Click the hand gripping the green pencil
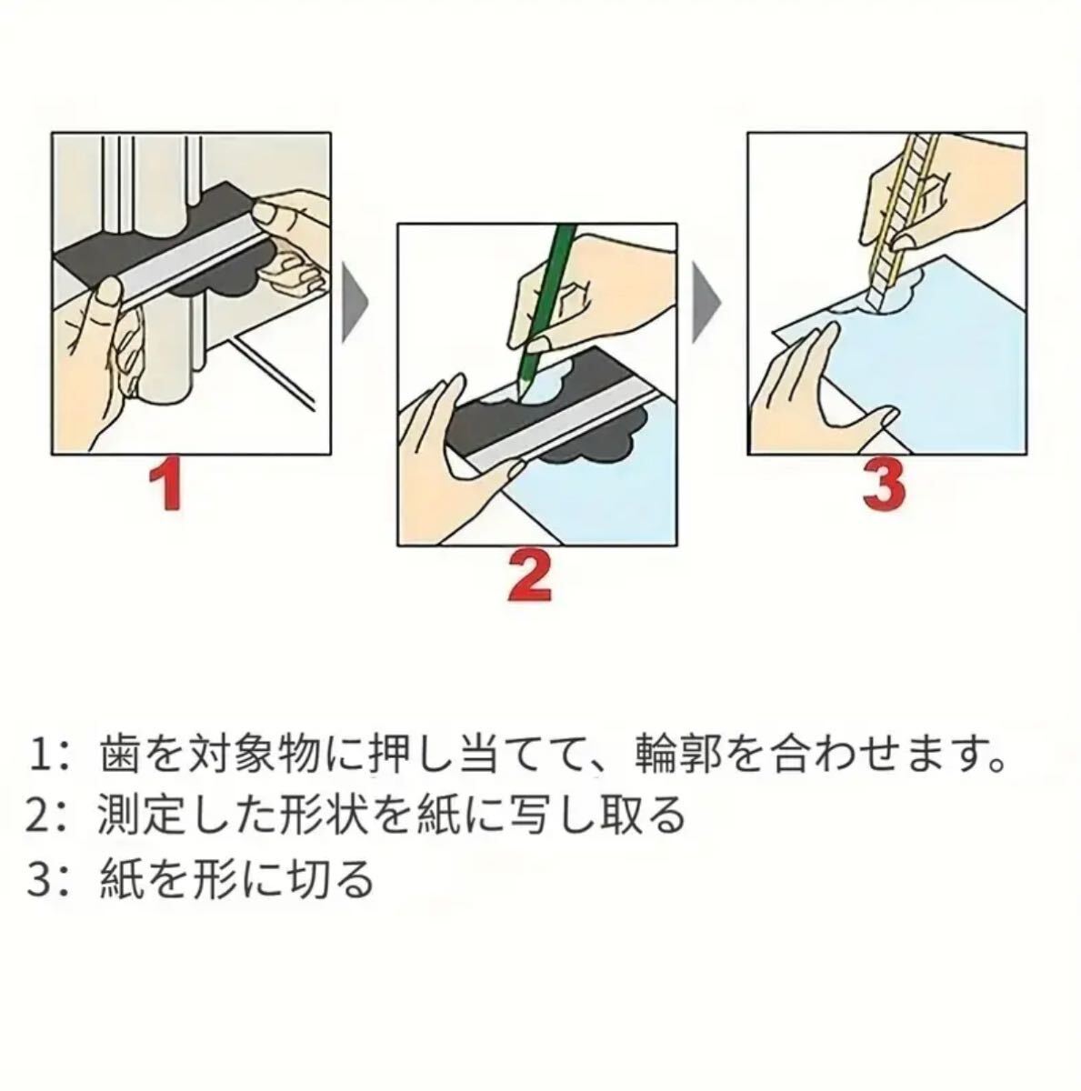(x=589, y=289)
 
